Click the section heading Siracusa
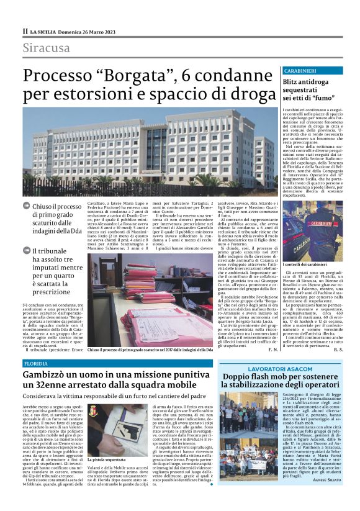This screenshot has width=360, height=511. click(x=47, y=48)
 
